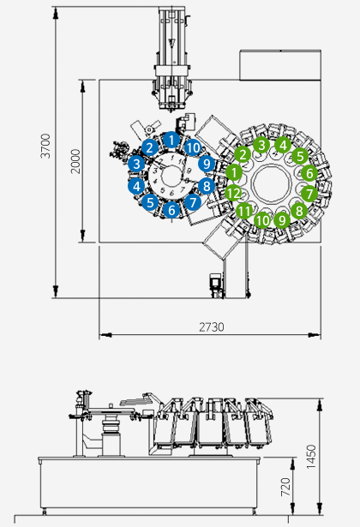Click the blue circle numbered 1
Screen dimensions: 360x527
pos(171,140)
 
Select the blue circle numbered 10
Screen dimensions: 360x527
pos(193,147)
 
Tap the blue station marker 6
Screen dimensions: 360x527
pos(171,210)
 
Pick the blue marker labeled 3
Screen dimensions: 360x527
pos(136,164)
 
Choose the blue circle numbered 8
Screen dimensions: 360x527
pos(207,186)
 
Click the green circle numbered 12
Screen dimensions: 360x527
pos(233,194)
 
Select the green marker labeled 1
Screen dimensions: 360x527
pos(234,172)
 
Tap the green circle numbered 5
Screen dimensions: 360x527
pos(300,156)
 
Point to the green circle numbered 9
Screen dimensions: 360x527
pos(282,220)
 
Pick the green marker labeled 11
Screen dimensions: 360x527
pos(244,211)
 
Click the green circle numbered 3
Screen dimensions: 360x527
pos(261,145)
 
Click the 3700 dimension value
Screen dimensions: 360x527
pos(45,146)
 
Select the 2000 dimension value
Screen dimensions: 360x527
pos(76,161)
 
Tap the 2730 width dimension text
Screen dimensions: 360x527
pos(212,326)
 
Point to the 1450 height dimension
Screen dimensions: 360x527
pos(312,457)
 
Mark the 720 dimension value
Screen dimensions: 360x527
pos(285,487)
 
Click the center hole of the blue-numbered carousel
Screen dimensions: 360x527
pos(171,175)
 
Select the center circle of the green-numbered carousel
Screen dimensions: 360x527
pos(271,183)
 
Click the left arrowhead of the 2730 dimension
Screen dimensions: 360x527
pos(106,335)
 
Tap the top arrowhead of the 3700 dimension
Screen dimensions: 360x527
pos(56,14)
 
